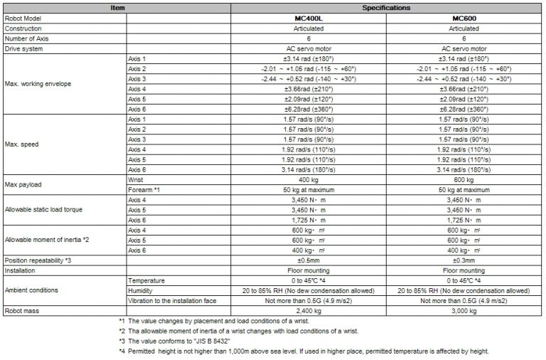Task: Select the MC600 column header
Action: pos(464,18)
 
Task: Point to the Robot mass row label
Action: pos(23,311)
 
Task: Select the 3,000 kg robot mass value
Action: pos(464,311)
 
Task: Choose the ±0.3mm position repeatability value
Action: pos(464,260)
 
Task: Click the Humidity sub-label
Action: pos(141,290)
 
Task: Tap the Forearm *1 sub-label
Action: pos(144,191)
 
